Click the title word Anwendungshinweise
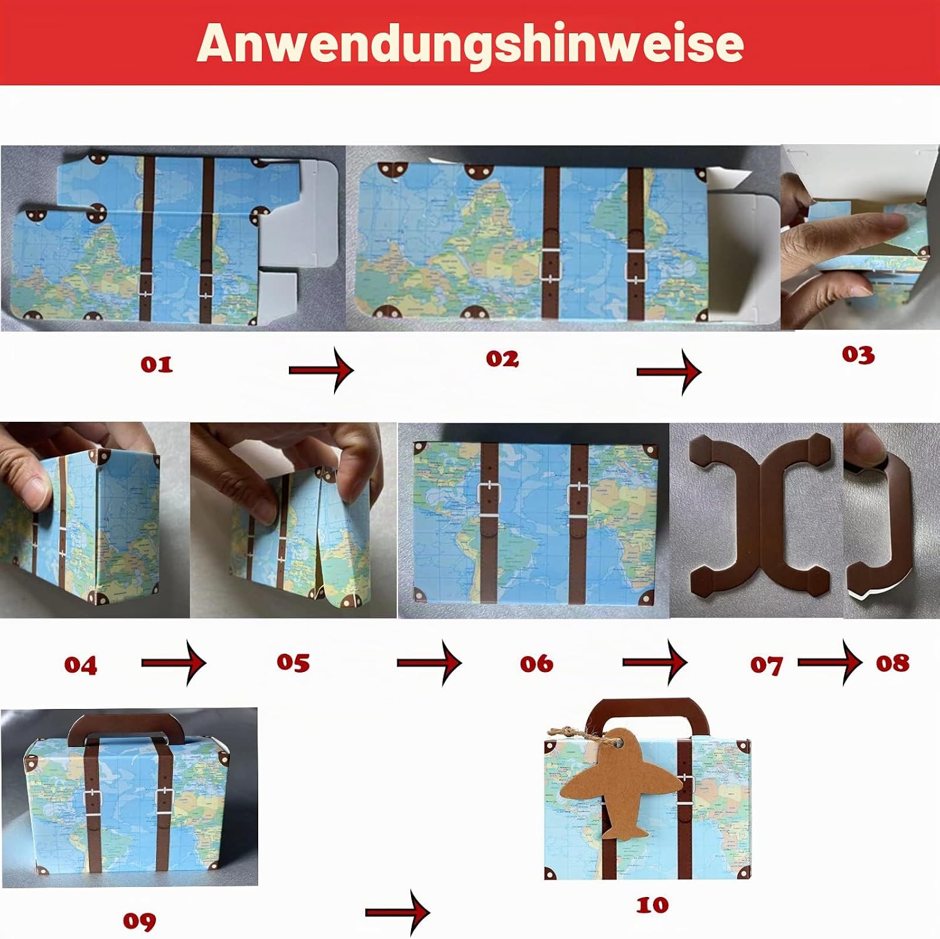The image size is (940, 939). coord(470,44)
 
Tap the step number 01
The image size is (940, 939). coord(157,364)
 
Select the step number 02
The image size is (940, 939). coord(502,359)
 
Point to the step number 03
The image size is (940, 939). coord(858,355)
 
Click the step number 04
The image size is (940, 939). coord(81,665)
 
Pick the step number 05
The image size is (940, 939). coord(293,663)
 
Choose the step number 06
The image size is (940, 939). coord(536,664)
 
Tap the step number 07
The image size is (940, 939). coord(766,665)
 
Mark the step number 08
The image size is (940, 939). coord(892,663)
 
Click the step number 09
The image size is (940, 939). coord(139,921)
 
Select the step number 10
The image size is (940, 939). coord(652,905)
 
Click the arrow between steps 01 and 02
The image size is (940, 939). coord(321,370)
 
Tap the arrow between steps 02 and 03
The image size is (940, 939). coord(669,372)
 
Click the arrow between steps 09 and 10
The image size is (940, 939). coord(398,912)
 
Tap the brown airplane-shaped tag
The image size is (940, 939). coord(620,784)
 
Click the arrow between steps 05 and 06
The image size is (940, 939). coord(430,662)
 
